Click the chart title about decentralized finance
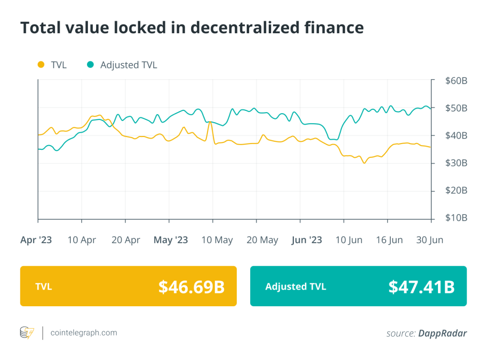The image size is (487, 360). tap(192, 28)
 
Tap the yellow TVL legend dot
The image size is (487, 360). tap(41, 65)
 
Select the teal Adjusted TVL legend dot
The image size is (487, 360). tap(90, 65)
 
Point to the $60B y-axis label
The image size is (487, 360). tap(456, 81)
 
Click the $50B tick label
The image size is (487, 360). tap(456, 108)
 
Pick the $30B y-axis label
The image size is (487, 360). tap(456, 163)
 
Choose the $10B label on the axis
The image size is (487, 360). tap(456, 218)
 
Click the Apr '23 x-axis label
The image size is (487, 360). tap(36, 240)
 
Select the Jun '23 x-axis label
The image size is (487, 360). tap(307, 240)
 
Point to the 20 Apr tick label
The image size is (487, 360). tap(126, 240)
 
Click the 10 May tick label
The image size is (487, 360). tap(217, 240)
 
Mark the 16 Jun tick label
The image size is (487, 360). tap(389, 240)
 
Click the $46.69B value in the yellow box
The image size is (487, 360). tap(191, 286)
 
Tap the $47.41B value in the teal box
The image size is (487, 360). tap(421, 286)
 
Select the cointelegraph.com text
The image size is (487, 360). tap(84, 333)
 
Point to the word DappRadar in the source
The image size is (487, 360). tap(442, 333)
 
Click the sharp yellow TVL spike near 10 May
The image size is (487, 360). tap(210, 122)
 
